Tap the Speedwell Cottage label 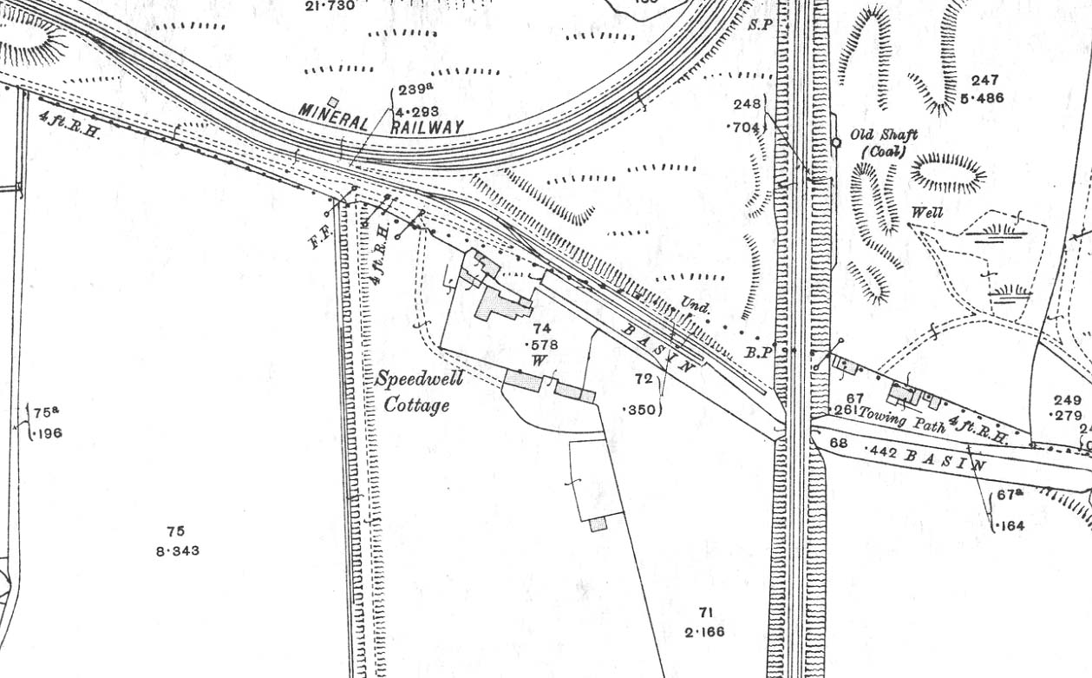click(419, 392)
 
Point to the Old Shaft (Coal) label click(882, 142)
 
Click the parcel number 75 click(176, 531)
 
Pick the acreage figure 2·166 click(704, 632)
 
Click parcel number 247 click(984, 81)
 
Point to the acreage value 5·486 click(982, 98)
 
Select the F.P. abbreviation click(318, 237)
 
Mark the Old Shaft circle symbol click(835, 142)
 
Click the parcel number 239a click(414, 90)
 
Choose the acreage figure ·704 click(743, 128)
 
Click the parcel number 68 click(838, 444)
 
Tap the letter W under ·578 click(539, 360)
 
